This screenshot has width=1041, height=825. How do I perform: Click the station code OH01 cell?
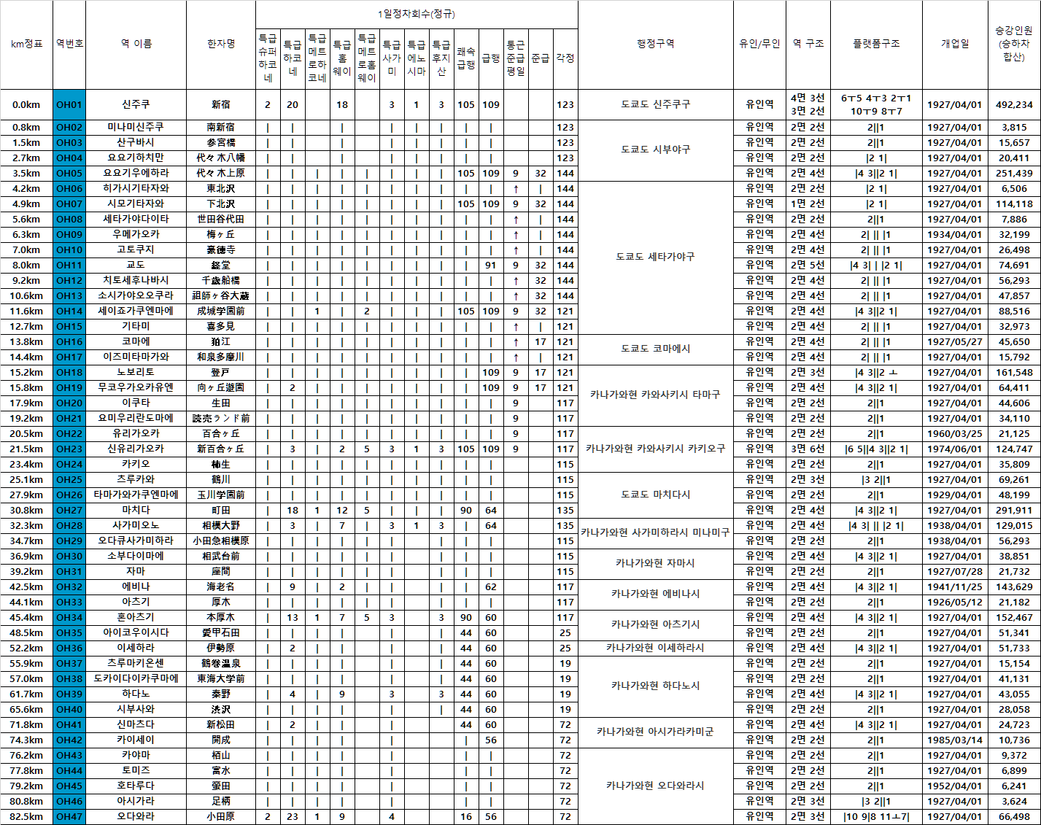point(69,104)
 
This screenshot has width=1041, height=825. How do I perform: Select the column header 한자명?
point(221,44)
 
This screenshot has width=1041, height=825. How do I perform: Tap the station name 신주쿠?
point(136,104)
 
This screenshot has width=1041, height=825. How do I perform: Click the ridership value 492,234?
point(1014,104)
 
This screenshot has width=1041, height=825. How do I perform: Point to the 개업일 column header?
point(955,44)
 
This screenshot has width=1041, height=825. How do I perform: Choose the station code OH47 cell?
point(69,816)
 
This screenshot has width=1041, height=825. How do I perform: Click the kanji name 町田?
point(221,510)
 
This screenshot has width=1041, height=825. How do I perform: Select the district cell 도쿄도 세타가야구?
point(655,257)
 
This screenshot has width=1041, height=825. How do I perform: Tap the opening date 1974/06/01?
point(955,449)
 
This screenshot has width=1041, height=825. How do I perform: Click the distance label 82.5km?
point(26,816)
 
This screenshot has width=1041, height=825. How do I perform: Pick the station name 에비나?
point(136,586)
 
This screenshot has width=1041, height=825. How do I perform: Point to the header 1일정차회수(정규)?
point(417,14)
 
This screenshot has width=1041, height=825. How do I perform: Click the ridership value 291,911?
point(1014,510)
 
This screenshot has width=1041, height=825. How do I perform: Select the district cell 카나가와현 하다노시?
point(655,686)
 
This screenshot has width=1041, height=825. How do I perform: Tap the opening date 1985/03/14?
point(955,740)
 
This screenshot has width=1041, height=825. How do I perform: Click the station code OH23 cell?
point(69,449)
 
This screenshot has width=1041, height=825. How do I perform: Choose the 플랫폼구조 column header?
point(876,44)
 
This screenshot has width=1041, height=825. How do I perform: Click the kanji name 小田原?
point(221,816)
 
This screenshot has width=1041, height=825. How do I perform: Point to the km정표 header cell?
point(26,44)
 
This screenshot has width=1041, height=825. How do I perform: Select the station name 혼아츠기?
point(136,617)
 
